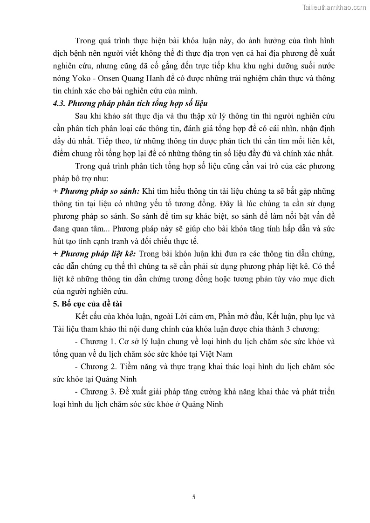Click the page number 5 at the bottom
(193, 497)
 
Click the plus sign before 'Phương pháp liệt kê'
(56, 254)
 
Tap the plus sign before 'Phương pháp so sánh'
(56, 191)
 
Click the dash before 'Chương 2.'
(76, 367)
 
